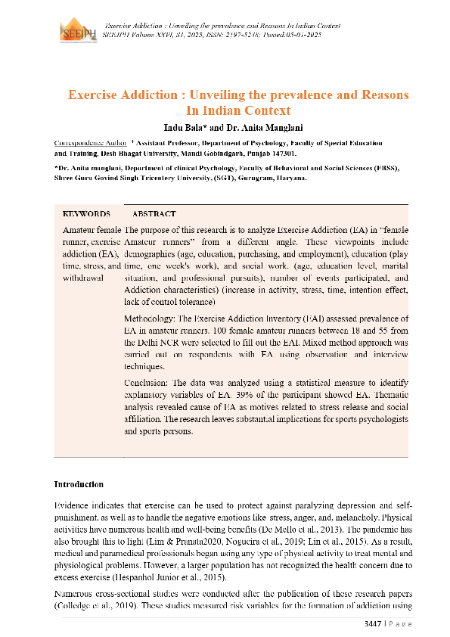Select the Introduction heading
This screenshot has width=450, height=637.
[x=79, y=484]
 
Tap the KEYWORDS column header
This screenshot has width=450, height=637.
[x=85, y=214]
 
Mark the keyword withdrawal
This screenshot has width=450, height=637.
[x=83, y=278]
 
